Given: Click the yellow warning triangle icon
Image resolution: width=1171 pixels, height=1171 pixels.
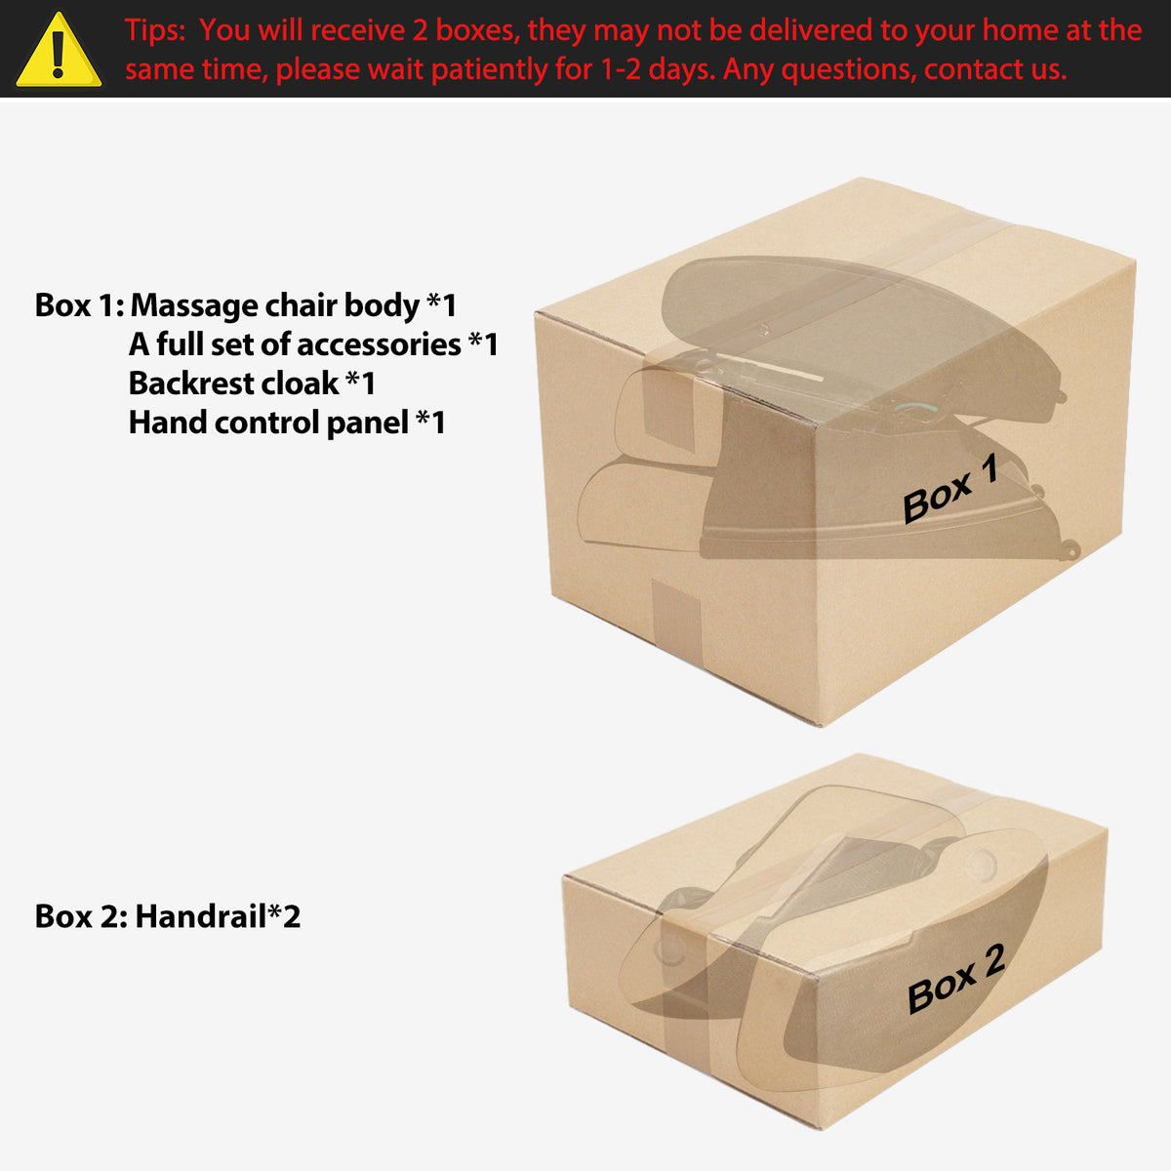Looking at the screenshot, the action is tap(59, 51).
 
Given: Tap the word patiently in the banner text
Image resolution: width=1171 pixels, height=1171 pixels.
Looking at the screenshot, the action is tap(489, 69).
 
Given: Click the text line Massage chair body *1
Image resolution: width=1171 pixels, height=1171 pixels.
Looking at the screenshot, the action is tap(294, 305).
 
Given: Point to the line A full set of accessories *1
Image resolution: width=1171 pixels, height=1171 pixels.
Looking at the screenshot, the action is tap(313, 344).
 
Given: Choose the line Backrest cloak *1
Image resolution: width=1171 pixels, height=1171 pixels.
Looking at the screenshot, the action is tap(252, 384).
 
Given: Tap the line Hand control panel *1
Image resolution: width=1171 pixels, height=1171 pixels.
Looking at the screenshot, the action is tap(287, 423).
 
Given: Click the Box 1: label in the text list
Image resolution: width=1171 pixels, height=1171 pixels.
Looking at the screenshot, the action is tap(80, 305).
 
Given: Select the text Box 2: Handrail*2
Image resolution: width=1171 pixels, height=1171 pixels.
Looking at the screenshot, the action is tap(168, 915).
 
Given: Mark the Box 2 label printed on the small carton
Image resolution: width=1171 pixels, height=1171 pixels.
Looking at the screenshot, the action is tap(956, 979).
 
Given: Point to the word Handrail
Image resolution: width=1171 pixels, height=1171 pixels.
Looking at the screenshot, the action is tap(201, 915).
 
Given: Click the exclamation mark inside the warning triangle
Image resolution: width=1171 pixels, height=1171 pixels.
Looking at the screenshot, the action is tap(59, 55).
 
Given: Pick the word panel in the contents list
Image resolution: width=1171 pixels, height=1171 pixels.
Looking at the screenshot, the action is tap(367, 424).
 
